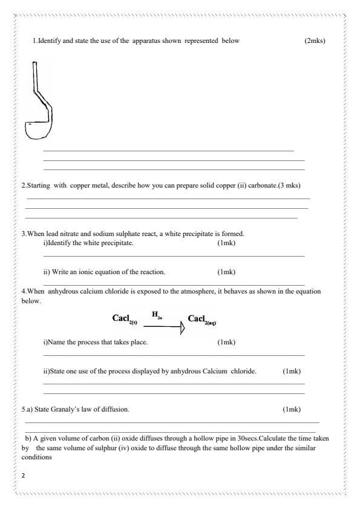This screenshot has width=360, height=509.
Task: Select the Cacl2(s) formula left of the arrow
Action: tap(125, 318)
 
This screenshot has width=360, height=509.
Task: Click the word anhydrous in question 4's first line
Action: tap(68, 292)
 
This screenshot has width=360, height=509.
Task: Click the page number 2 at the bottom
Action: tap(23, 476)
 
